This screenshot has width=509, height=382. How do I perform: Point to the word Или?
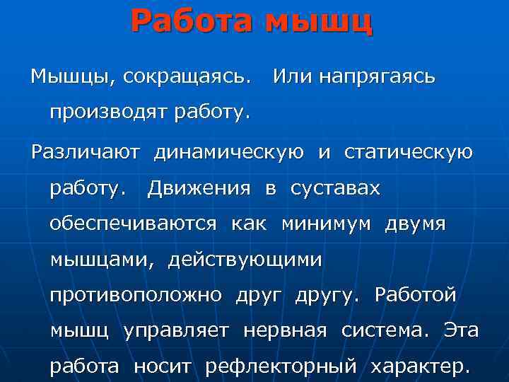click(289, 76)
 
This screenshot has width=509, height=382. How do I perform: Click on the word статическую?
click(409, 151)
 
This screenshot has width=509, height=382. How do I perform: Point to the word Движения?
click(199, 188)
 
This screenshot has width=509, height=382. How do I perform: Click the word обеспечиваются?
click(133, 224)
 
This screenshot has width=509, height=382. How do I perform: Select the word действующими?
click(245, 260)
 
